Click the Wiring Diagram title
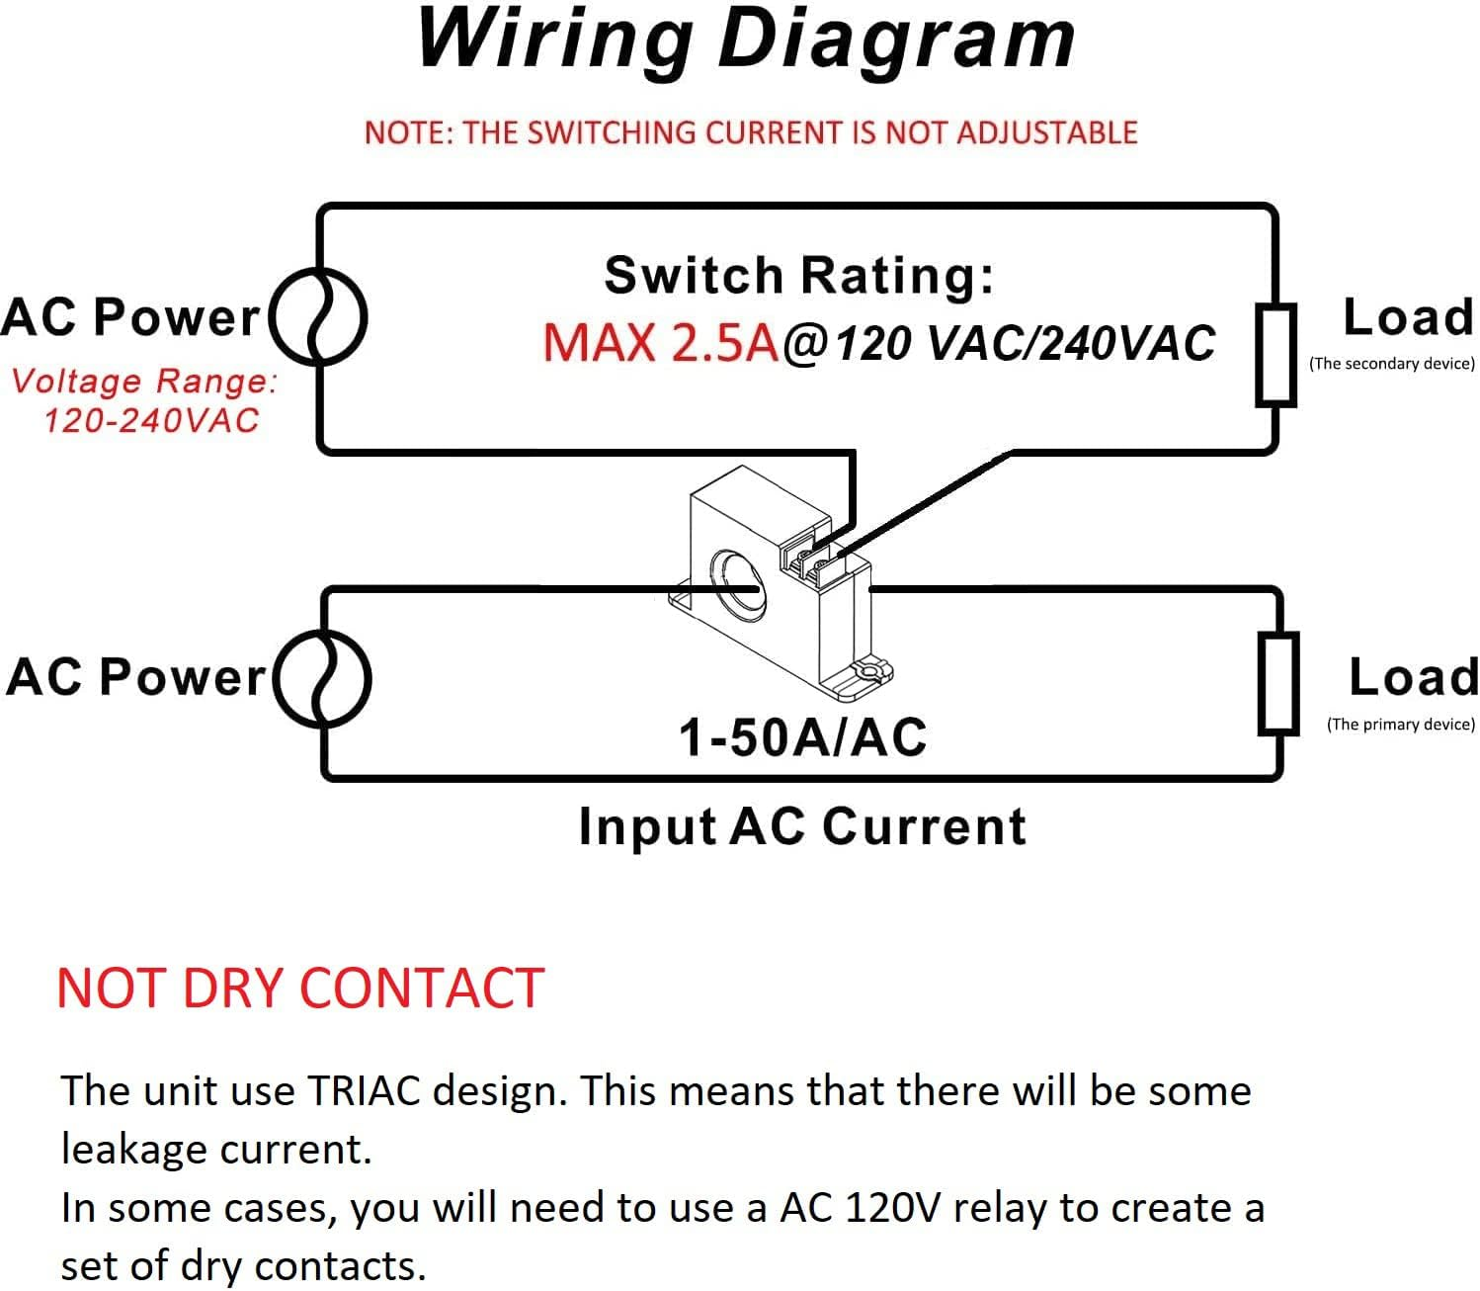[746, 42]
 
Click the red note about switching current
[751, 133]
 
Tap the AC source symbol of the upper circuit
[318, 316]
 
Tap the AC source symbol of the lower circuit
[323, 678]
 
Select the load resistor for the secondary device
[1275, 355]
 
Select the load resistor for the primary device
[1278, 684]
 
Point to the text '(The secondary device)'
[1392, 363]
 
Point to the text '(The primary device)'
[1400, 725]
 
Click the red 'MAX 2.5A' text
[660, 342]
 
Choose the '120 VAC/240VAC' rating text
[1025, 343]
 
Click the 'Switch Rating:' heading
[799, 276]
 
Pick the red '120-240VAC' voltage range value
[150, 420]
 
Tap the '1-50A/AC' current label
[802, 737]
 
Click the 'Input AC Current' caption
[802, 826]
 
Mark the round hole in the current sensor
[737, 585]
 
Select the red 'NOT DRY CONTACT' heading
[300, 989]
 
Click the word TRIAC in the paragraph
[364, 1090]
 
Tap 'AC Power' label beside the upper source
[130, 317]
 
